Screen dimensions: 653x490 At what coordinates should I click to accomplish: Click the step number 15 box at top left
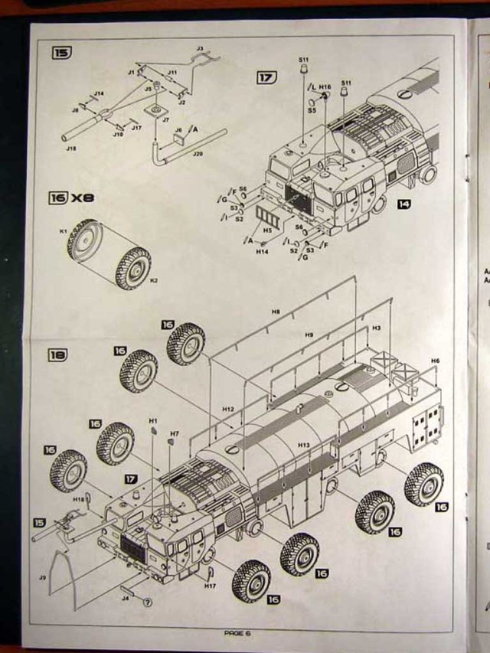pos(61,53)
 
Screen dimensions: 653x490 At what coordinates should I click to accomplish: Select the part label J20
pos(198,154)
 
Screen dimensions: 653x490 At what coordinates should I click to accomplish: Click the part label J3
pos(200,49)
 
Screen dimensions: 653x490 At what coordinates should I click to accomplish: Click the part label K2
pos(154,280)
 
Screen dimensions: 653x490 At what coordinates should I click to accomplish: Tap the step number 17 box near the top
pos(266,77)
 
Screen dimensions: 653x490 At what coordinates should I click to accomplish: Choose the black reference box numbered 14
pos(403,204)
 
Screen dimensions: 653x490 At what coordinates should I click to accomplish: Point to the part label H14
pos(262,251)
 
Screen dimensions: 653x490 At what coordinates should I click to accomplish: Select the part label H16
pos(325,87)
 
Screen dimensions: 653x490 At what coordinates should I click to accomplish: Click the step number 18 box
pos(58,355)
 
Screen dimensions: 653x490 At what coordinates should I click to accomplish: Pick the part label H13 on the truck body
pos(303,445)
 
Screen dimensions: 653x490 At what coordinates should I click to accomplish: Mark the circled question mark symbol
pos(148,602)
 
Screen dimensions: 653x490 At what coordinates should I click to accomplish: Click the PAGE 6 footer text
pos(237,632)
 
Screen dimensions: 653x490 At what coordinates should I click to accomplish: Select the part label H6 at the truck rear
pos(434,360)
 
